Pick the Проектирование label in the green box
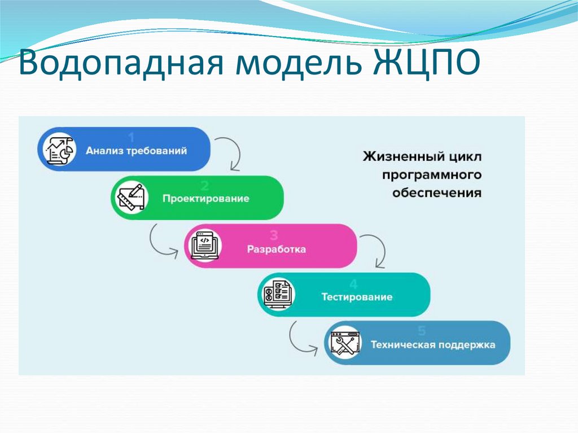point(206,199)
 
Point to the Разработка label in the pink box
point(277,249)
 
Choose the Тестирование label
point(357,297)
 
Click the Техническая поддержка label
point(433,344)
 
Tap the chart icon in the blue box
point(60,149)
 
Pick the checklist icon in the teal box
point(277,294)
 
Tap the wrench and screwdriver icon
point(345,343)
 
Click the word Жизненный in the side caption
point(393,156)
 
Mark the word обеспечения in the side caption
point(436,193)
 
